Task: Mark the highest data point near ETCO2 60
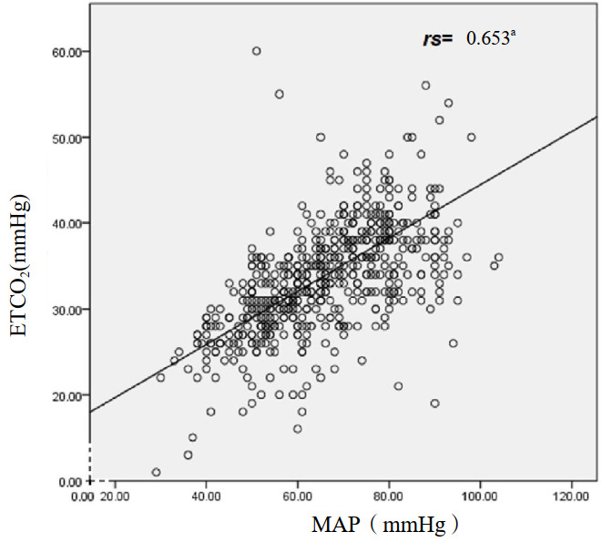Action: pyautogui.click(x=257, y=51)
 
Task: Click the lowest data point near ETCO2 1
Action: pyautogui.click(x=157, y=472)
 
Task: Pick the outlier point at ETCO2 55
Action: pyautogui.click(x=280, y=94)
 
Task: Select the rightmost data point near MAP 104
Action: pyautogui.click(x=498, y=257)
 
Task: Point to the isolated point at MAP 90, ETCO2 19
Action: pyautogui.click(x=434, y=403)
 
